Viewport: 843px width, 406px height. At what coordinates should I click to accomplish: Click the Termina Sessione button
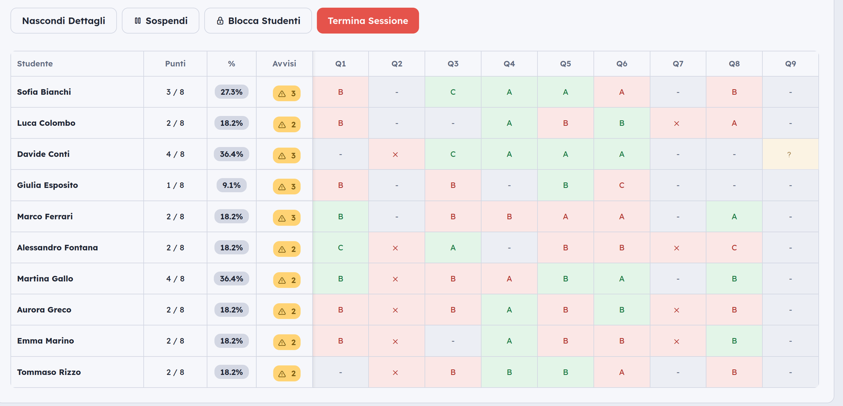tap(368, 21)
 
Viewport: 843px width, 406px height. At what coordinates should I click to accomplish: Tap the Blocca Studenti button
tap(258, 21)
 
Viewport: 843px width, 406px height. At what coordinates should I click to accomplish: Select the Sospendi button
tap(160, 21)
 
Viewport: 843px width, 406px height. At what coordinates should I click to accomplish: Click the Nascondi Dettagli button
tap(64, 21)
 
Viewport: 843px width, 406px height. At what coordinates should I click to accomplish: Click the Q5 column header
tap(565, 64)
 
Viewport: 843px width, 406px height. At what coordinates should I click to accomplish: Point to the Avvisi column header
tap(284, 64)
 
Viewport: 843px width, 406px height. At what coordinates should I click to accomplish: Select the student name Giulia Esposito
tap(47, 185)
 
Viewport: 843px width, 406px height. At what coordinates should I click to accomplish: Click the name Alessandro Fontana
tap(57, 247)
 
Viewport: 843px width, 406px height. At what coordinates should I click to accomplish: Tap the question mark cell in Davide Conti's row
tap(790, 154)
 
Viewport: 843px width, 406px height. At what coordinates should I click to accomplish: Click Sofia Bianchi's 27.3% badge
tap(231, 92)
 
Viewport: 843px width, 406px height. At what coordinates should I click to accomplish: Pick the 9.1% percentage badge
tap(231, 185)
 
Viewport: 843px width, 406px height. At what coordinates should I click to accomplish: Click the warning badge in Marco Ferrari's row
tap(287, 218)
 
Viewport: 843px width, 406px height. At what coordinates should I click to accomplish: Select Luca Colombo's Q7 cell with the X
tap(678, 123)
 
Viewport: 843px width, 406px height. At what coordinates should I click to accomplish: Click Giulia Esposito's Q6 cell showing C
tap(622, 185)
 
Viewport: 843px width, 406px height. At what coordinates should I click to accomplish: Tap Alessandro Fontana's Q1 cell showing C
tap(340, 247)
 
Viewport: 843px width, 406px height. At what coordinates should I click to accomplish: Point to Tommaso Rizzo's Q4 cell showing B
tap(509, 372)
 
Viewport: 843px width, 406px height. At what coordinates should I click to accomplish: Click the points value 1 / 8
tap(175, 185)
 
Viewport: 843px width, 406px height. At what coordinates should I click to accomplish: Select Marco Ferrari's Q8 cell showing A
tap(734, 216)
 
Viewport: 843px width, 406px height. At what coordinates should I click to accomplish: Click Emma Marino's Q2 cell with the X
tap(397, 341)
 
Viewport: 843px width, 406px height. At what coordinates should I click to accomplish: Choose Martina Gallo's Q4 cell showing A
tap(509, 279)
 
